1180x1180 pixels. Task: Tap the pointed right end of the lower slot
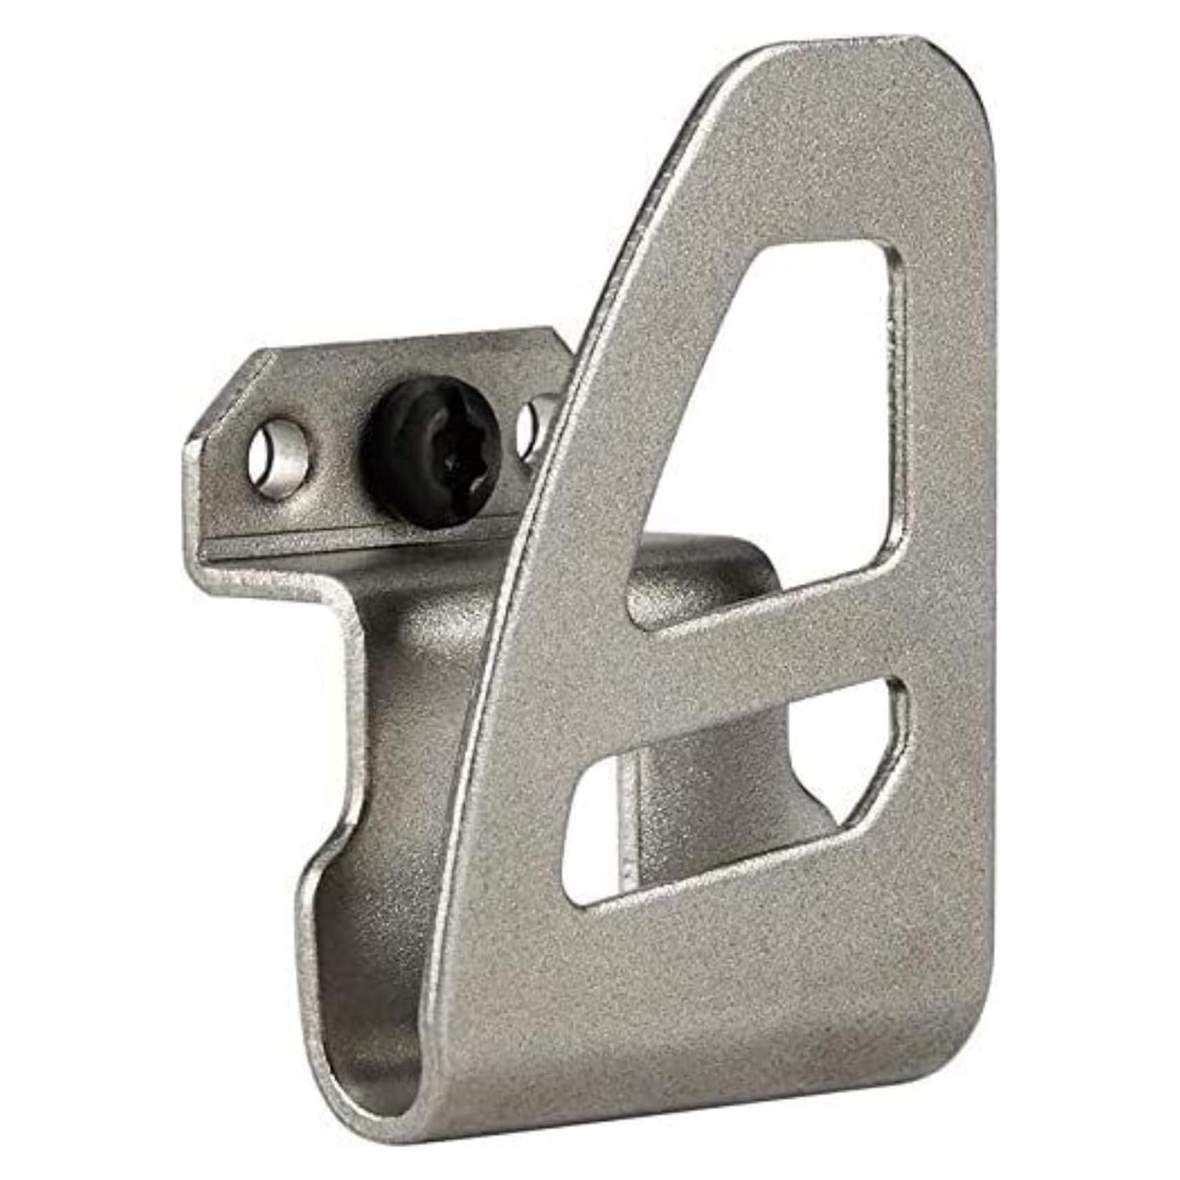point(902,718)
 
